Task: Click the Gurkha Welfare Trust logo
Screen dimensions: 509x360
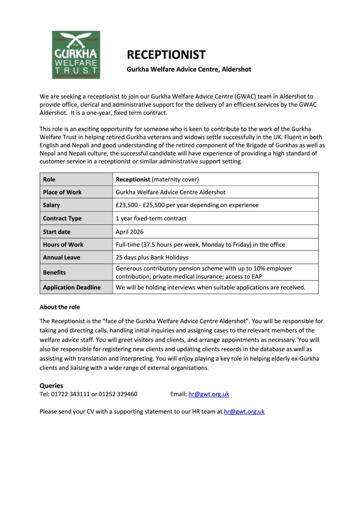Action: pos(76,55)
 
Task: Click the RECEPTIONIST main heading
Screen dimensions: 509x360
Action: pos(166,55)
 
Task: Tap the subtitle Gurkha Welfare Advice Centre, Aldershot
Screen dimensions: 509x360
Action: pos(189,69)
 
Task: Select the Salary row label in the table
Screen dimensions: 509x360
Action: pos(51,205)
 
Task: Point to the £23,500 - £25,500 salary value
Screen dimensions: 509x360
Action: pos(187,205)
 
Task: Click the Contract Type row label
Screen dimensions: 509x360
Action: pos(62,218)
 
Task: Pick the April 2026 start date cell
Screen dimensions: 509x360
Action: pos(130,232)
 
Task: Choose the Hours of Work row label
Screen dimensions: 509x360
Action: pos(63,244)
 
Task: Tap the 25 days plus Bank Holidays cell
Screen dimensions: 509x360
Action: pos(152,257)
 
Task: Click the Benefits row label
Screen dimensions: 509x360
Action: pos(54,272)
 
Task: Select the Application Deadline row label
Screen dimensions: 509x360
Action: pos(72,287)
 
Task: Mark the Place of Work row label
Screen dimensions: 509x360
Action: pos(62,192)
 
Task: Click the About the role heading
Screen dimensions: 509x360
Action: pos(60,307)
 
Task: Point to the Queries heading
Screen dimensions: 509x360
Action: pos(51,386)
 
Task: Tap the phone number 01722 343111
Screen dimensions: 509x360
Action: pos(70,394)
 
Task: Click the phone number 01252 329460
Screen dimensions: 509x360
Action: pos(118,394)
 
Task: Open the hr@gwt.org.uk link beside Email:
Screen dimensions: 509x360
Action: pos(209,394)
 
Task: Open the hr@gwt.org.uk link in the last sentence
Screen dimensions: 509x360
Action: pos(244,412)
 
